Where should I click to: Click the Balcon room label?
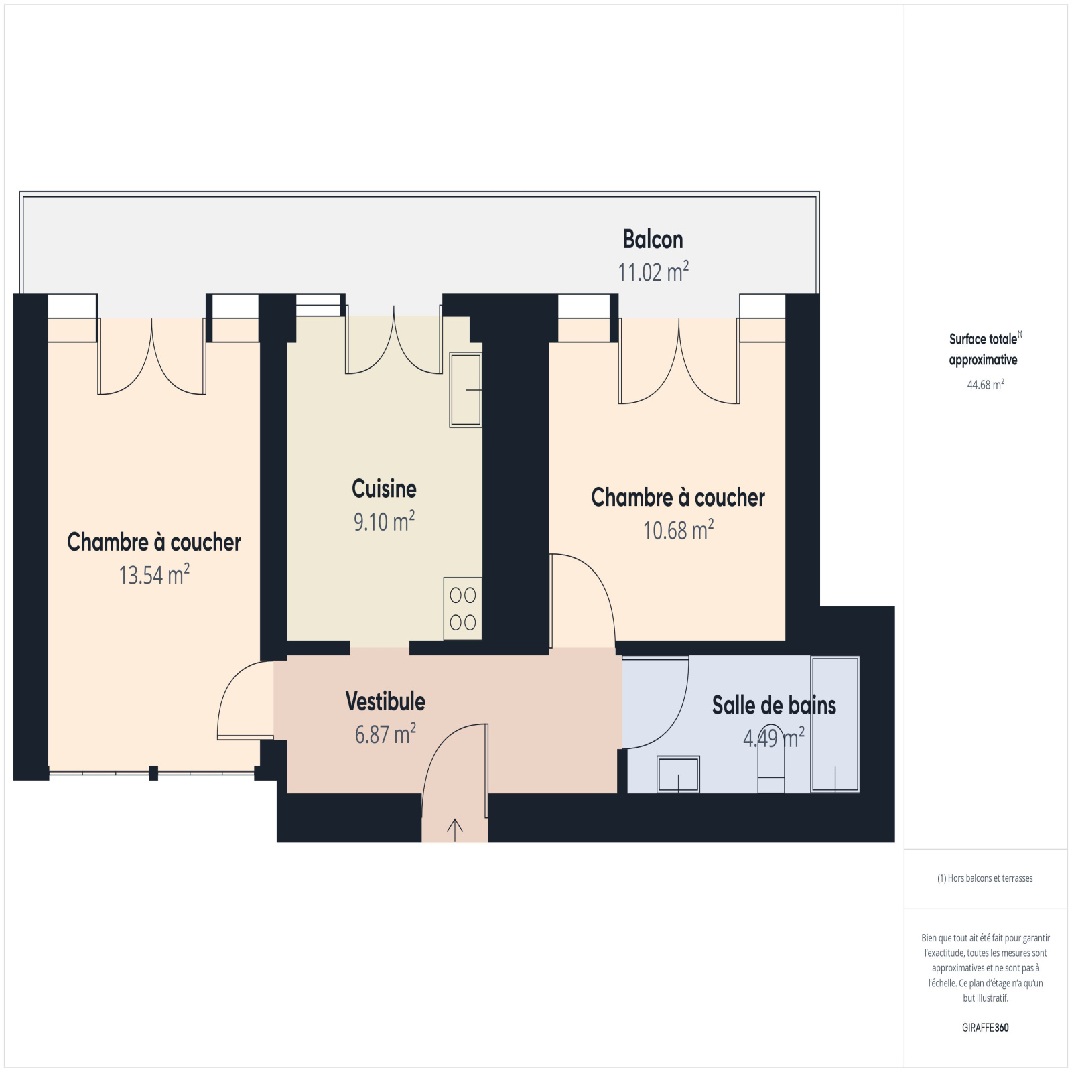653,239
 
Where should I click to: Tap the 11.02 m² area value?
653,271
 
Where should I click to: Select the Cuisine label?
384,489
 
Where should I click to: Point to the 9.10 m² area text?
384,521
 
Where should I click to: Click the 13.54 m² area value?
154,575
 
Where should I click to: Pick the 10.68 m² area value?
678,530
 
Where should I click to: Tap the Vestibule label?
385,701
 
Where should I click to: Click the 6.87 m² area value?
385,734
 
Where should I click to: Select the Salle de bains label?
774,705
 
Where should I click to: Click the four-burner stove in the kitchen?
463,608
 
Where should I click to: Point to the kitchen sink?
466,390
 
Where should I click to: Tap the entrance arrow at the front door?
455,829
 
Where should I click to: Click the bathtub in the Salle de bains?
835,724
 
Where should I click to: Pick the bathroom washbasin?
678,774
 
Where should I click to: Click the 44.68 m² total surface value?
986,385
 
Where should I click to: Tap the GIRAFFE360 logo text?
986,1028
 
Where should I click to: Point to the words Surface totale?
983,339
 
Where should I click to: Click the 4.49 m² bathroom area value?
774,738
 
